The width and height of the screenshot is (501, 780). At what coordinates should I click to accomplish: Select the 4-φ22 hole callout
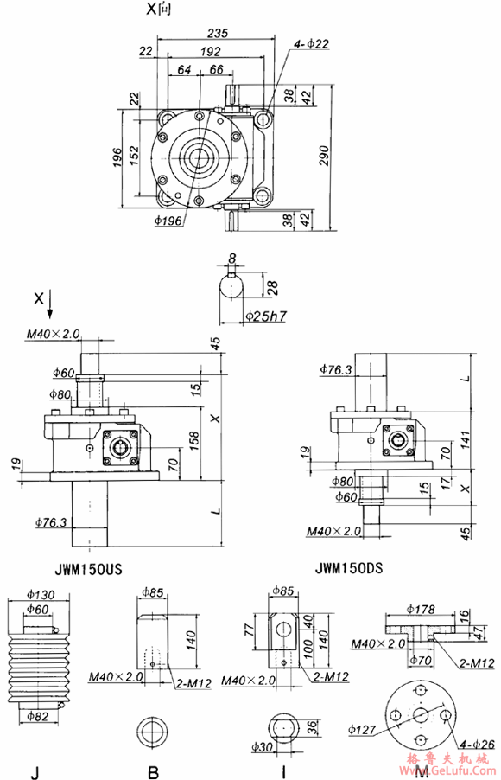(311, 42)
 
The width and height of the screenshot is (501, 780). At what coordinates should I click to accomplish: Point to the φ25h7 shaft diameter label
(265, 316)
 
